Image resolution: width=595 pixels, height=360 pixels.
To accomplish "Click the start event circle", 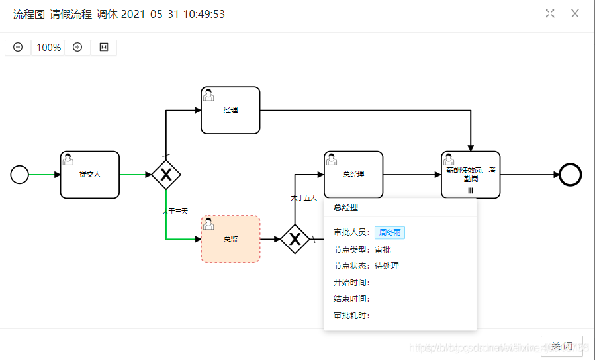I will pyautogui.click(x=20, y=175).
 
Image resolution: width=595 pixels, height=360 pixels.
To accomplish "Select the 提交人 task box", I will pyautogui.click(x=90, y=175).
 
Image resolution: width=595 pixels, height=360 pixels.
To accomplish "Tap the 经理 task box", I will pyautogui.click(x=230, y=110).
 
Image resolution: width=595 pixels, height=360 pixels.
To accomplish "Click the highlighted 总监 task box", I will pyautogui.click(x=230, y=239).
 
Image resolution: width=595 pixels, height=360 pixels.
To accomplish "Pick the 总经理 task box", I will pyautogui.click(x=353, y=175).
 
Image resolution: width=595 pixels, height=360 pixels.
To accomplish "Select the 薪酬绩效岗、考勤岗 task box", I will pyautogui.click(x=471, y=175).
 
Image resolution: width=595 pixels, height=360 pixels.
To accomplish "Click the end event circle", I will pyautogui.click(x=570, y=175).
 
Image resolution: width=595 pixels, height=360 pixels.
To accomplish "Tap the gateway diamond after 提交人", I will pyautogui.click(x=166, y=175).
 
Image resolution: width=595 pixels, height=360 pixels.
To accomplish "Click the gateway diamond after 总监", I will pyautogui.click(x=295, y=239).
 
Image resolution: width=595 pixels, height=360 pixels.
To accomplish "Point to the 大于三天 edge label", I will pyautogui.click(x=175, y=212).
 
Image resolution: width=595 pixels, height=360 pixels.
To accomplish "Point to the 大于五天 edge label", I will pyautogui.click(x=304, y=197).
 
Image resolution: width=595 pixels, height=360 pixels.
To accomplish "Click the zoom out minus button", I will pyautogui.click(x=18, y=48).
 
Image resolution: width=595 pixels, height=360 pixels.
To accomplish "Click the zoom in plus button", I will pyautogui.click(x=77, y=48).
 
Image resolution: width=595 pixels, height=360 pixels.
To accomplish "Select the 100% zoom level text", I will pyautogui.click(x=48, y=48).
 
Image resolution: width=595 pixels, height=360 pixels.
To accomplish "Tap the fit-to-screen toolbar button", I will pyautogui.click(x=104, y=48).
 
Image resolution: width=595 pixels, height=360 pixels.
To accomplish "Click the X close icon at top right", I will pyautogui.click(x=575, y=13).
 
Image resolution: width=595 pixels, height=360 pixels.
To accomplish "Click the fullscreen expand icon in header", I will pyautogui.click(x=550, y=13).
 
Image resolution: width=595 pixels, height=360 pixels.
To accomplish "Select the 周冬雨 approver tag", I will pyautogui.click(x=390, y=232).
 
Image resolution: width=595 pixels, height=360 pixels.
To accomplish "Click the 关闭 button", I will pyautogui.click(x=562, y=346).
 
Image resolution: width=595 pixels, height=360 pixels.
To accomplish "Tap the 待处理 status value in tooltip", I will pyautogui.click(x=387, y=266).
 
